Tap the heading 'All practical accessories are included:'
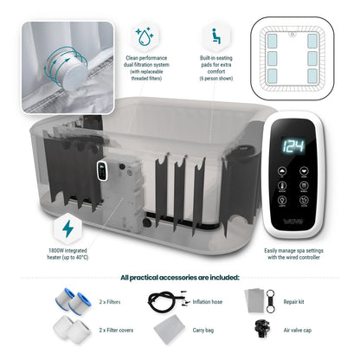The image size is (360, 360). (180, 277)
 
